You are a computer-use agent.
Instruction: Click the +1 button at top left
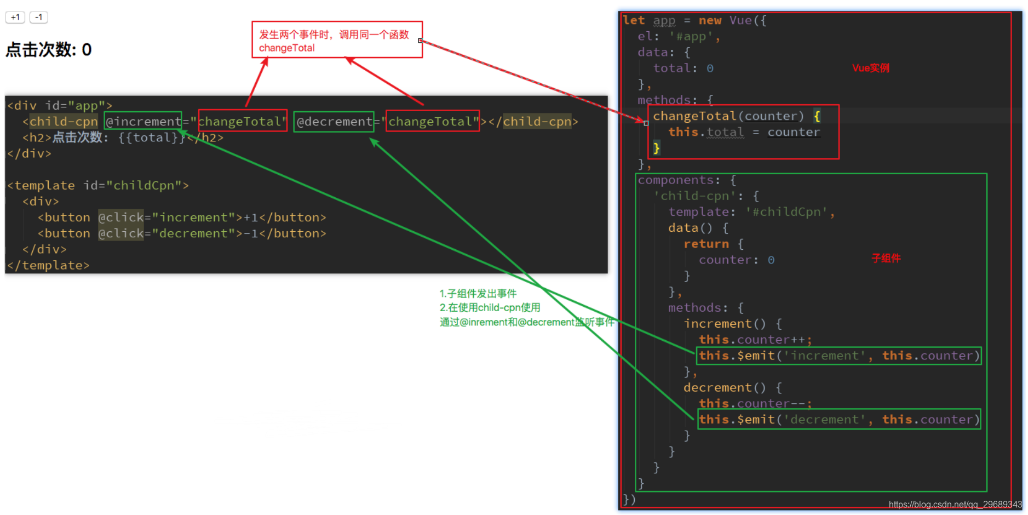[x=15, y=18]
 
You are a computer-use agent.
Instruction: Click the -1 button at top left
[x=38, y=18]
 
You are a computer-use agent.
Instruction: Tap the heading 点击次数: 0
[x=48, y=50]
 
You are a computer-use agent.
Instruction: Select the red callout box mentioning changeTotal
[x=337, y=40]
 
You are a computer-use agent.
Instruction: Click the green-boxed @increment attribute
[x=143, y=122]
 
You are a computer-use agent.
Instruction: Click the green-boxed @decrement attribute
[x=334, y=122]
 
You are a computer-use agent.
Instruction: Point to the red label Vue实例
[x=870, y=68]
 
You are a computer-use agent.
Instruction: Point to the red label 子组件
[x=886, y=258]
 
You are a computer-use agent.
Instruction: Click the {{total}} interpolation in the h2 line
[x=152, y=138]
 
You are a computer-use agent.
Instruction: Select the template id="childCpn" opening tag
[x=98, y=186]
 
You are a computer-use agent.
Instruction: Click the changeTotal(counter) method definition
[x=728, y=116]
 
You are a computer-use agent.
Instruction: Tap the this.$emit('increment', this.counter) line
[x=839, y=356]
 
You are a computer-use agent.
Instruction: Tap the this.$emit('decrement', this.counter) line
[x=839, y=420]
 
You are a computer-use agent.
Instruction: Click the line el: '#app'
[x=679, y=37]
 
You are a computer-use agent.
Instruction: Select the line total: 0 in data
[x=683, y=68]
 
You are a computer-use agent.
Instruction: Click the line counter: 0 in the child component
[x=736, y=260]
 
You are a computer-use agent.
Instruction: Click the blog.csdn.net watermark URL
[x=955, y=505]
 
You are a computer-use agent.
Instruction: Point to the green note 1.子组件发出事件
[x=478, y=294]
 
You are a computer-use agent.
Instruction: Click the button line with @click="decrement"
[x=182, y=234]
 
